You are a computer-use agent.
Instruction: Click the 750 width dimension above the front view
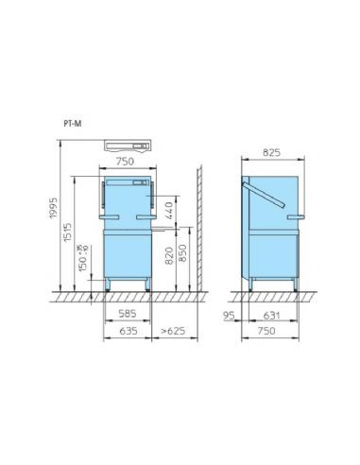coord(124,162)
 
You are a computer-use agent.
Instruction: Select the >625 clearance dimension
coord(173,332)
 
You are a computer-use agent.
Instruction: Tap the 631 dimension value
coord(273,316)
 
